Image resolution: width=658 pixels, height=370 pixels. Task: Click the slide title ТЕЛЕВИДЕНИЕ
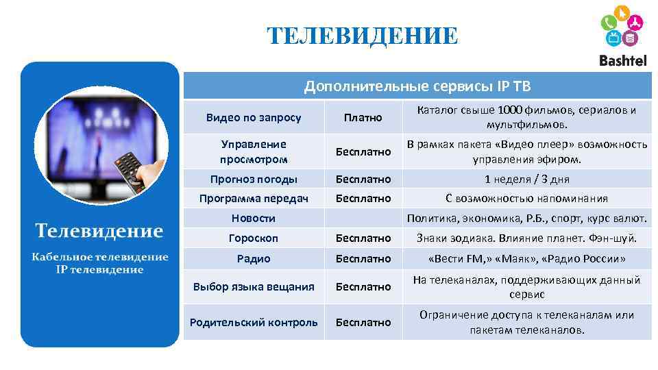pyautogui.click(x=362, y=36)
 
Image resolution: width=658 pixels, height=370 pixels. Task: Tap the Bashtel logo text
pyautogui.click(x=622, y=60)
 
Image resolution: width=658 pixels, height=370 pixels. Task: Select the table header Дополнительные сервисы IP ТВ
pyautogui.click(x=417, y=86)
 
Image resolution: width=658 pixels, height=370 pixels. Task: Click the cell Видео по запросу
pyautogui.click(x=254, y=117)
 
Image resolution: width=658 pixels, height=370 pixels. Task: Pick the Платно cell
pyautogui.click(x=363, y=117)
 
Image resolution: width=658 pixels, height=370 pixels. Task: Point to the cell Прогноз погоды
pyautogui.click(x=254, y=179)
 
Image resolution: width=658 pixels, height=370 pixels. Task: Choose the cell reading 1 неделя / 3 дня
pyautogui.click(x=526, y=179)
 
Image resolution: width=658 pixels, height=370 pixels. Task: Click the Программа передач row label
pyautogui.click(x=254, y=198)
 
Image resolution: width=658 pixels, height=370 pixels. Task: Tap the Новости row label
pyautogui.click(x=254, y=218)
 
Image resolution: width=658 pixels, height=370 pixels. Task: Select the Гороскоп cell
pyautogui.click(x=254, y=238)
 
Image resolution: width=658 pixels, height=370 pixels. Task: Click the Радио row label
pyautogui.click(x=254, y=258)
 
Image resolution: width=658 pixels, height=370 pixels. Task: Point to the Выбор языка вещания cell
pyautogui.click(x=254, y=286)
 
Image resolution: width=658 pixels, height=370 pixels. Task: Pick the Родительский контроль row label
pyautogui.click(x=254, y=322)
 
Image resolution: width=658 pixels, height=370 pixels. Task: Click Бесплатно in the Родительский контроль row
pyautogui.click(x=363, y=322)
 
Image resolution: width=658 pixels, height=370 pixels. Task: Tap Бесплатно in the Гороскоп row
pyautogui.click(x=363, y=238)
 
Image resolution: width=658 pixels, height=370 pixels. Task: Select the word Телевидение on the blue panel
pyautogui.click(x=100, y=230)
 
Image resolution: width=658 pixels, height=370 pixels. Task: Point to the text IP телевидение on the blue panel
pyautogui.click(x=100, y=269)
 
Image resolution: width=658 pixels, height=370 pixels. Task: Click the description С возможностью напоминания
pyautogui.click(x=526, y=198)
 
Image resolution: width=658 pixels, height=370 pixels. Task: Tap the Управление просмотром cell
pyautogui.click(x=254, y=151)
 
